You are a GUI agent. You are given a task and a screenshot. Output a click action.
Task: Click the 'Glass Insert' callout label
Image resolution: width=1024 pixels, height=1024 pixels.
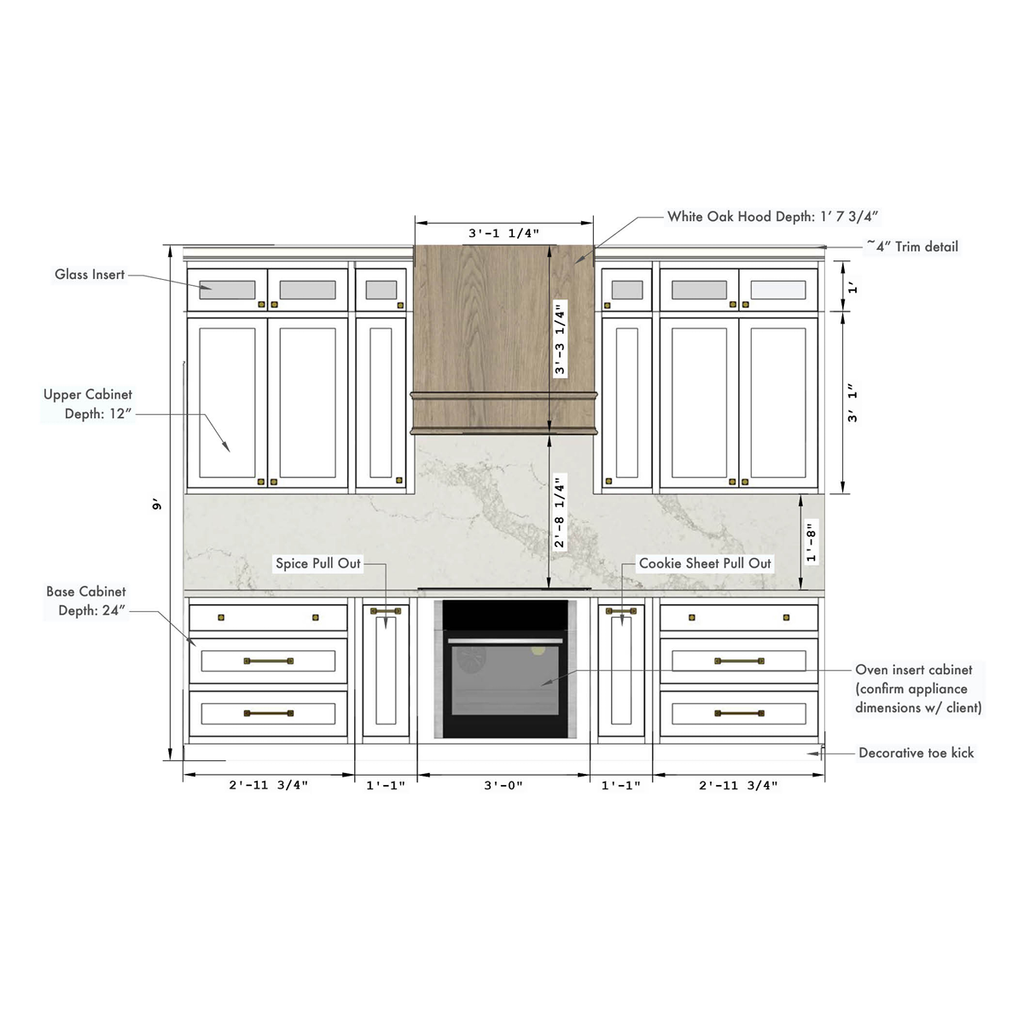(x=90, y=275)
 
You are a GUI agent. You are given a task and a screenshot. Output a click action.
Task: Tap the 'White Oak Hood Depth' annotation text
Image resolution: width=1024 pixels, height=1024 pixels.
(x=773, y=217)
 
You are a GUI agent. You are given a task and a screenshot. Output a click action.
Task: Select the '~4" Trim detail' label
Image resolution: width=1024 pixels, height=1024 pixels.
(x=912, y=247)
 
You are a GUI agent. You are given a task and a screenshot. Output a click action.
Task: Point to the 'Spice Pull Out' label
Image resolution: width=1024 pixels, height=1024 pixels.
(x=318, y=563)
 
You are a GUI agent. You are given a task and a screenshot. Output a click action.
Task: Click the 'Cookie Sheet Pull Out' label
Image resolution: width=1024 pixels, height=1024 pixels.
(x=705, y=563)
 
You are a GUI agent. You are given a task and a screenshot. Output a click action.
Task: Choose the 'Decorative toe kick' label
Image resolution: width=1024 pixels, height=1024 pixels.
(x=916, y=753)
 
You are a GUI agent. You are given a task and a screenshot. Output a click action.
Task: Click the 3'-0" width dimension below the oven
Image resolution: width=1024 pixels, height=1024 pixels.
(x=503, y=786)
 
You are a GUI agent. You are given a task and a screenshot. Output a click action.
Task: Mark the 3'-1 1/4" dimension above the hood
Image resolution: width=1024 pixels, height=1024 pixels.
(x=503, y=233)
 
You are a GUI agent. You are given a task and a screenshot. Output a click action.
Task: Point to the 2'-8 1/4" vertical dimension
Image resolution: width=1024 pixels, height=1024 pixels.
(x=560, y=511)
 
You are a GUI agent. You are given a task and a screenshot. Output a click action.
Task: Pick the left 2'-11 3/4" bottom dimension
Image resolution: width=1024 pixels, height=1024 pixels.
(x=268, y=786)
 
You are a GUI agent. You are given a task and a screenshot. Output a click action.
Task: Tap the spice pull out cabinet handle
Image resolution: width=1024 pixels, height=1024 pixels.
(x=386, y=611)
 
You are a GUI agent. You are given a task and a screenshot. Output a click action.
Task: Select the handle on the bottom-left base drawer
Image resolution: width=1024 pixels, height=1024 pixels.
(x=269, y=713)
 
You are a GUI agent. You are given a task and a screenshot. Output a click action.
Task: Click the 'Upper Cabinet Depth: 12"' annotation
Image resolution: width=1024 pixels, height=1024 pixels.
(x=88, y=404)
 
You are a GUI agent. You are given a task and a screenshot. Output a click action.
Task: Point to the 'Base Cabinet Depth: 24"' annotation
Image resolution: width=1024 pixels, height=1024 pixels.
(x=86, y=601)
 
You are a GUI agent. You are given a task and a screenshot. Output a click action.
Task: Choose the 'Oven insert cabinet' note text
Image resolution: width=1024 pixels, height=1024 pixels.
(x=918, y=689)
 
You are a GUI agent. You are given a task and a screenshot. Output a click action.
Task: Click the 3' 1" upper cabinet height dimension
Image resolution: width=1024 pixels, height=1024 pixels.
(x=852, y=403)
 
